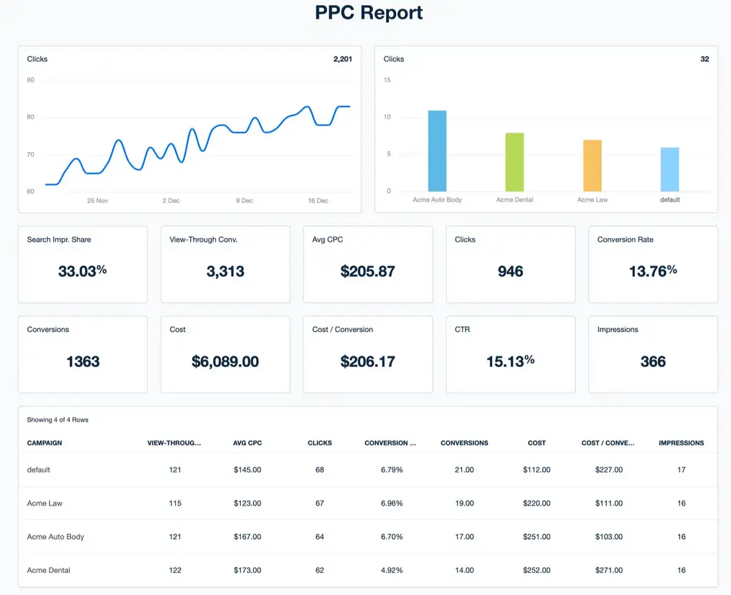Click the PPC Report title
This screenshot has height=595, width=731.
coord(369,13)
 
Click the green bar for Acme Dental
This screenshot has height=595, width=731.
coord(514,162)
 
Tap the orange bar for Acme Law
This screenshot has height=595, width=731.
coord(592,166)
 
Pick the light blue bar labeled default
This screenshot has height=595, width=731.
coord(669,169)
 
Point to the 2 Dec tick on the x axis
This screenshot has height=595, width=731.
coord(171,201)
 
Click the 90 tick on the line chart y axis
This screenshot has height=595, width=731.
coord(31,80)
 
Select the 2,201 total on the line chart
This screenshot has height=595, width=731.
coord(342,59)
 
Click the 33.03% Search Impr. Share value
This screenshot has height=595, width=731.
coord(82,272)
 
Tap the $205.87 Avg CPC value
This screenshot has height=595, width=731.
coord(367,272)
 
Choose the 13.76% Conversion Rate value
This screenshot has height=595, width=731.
coord(652,272)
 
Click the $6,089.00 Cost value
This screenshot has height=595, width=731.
coord(225,362)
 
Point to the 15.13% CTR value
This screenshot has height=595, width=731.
coord(509,362)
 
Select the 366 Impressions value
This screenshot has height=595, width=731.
coord(652,362)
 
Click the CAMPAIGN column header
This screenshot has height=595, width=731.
coord(44,443)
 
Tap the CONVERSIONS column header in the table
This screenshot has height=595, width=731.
coord(464,443)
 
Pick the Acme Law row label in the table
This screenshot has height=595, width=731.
coord(44,503)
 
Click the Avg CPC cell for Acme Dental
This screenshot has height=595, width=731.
coord(247,570)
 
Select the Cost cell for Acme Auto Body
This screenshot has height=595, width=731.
coord(536,537)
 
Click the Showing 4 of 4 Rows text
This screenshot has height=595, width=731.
coord(57,419)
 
